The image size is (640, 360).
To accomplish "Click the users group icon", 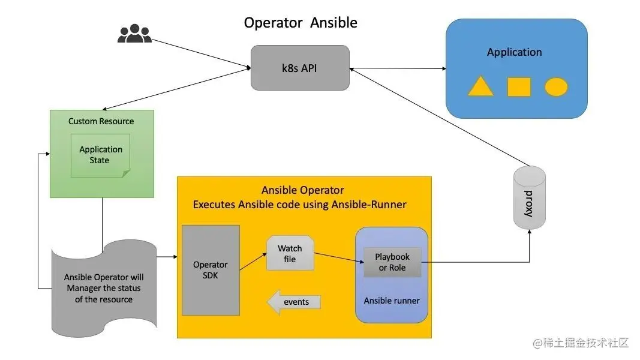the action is (135, 34).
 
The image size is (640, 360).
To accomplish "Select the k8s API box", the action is (300, 68).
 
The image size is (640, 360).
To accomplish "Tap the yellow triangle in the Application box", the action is (480, 86).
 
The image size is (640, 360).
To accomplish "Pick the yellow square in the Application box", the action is (519, 86).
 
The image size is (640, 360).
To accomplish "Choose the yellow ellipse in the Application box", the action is (556, 86).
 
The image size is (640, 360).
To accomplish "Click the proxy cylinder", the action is (530, 197).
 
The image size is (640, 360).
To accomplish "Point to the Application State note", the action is (100, 155).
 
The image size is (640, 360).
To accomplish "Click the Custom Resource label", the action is (101, 121).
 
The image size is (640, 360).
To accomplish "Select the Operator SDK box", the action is (211, 270).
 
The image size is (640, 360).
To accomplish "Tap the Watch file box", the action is (290, 253).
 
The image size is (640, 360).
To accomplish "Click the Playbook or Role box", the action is (392, 262).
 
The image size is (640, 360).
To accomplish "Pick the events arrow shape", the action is (293, 302).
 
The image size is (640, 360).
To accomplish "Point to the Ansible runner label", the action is (392, 301).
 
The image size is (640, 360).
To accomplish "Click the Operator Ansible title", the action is (301, 22).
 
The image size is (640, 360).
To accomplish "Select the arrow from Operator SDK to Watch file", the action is (253, 262).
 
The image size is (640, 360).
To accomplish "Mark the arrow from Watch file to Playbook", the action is (339, 257).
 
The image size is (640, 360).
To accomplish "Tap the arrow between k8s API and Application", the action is (398, 68).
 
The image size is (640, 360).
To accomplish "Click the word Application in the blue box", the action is (514, 52).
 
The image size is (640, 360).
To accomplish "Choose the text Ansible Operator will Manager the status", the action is (104, 283).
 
